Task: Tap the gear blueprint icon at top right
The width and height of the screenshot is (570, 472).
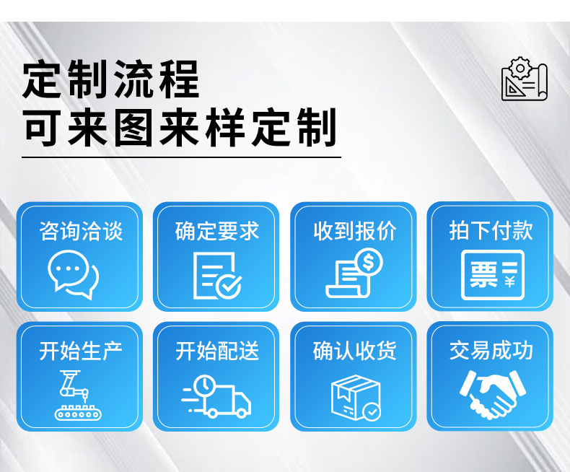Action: coord(525,79)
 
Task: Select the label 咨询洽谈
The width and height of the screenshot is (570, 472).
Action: coord(81,231)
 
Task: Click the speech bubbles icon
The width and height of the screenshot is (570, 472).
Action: coord(73,274)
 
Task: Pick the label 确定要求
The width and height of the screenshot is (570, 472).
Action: coord(216,231)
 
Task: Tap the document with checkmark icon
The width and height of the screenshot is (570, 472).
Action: coord(216,275)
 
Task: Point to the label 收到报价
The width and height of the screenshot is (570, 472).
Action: coord(354,231)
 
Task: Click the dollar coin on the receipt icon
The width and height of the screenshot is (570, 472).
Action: coord(369,261)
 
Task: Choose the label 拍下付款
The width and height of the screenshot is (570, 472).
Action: coord(491,231)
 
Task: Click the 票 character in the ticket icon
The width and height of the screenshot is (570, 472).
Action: coord(483,275)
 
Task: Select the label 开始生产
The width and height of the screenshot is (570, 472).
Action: coord(81,351)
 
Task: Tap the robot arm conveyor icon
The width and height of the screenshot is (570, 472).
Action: coord(74,395)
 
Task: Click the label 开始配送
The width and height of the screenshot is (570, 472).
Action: coord(216,351)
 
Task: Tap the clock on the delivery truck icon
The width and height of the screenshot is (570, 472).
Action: coord(205,385)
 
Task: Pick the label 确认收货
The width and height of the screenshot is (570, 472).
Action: coord(354,351)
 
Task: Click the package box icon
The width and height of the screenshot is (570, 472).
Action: coord(354,397)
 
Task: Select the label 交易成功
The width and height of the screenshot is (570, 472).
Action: coord(491,351)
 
